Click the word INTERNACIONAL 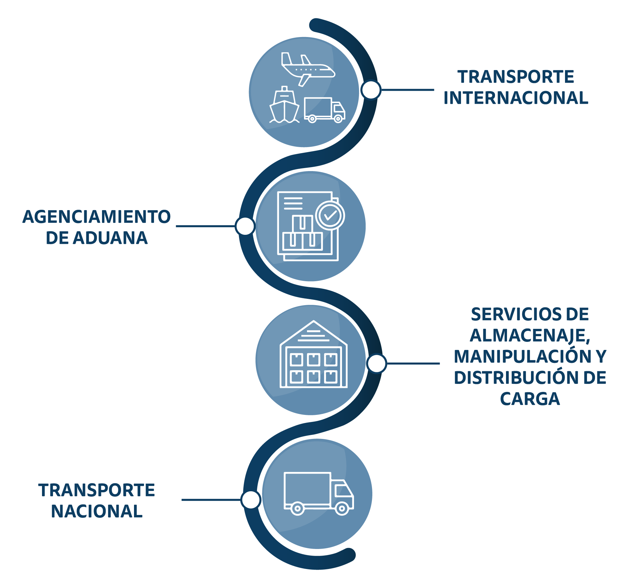(516, 98)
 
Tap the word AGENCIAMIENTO (96, 217)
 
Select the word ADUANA (110, 238)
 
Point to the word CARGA (530, 399)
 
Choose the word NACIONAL (97, 511)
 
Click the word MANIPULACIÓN (520, 357)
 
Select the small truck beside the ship (324, 110)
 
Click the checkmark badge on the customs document (330, 215)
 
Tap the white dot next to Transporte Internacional (371, 90)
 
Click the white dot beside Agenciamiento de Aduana (245, 226)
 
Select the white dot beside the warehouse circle (376, 363)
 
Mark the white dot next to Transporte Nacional (251, 500)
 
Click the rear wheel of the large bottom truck (297, 509)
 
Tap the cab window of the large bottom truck (343, 491)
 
